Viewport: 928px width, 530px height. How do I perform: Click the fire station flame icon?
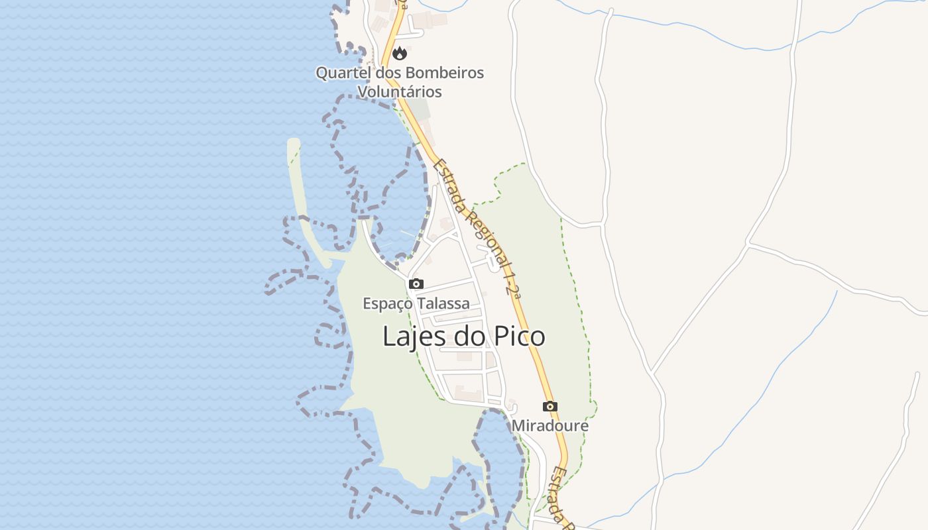point(399,53)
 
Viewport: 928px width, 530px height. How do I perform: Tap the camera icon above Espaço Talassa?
point(416,284)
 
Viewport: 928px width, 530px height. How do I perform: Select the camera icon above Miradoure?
point(550,406)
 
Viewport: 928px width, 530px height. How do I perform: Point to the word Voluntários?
point(400,91)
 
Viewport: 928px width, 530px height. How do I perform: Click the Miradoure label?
point(550,425)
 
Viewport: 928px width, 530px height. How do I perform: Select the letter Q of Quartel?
point(321,73)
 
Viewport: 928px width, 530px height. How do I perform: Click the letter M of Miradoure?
point(518,425)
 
